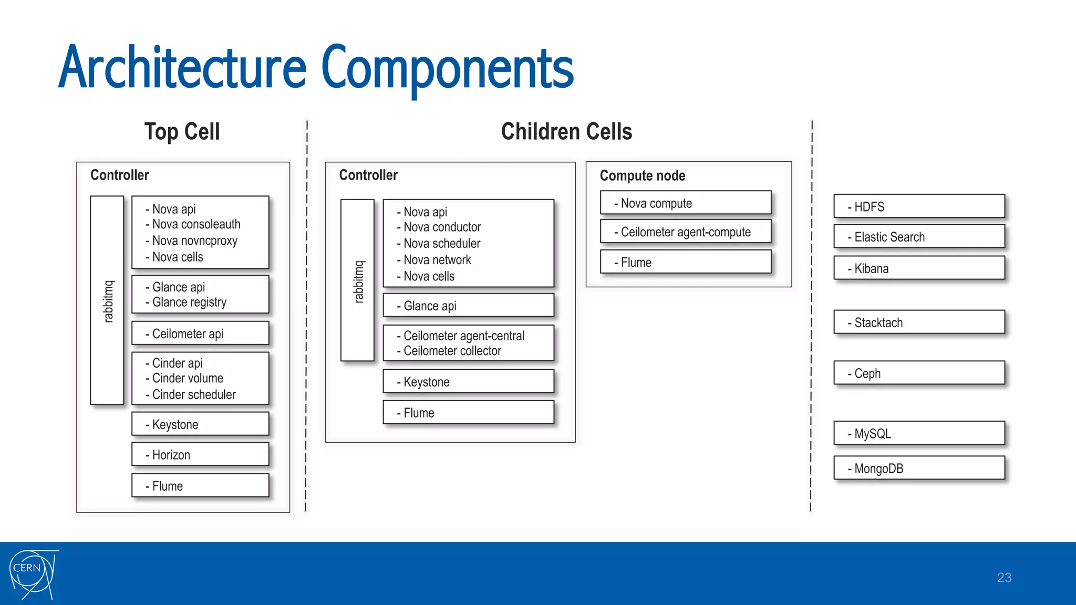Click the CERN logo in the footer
(33, 574)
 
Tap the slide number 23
(1004, 578)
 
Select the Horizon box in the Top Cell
(200, 454)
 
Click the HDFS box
(919, 206)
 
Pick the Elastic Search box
(919, 237)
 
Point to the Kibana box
(919, 268)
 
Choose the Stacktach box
(919, 322)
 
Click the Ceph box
(919, 373)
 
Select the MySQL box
(919, 434)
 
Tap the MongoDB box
(919, 468)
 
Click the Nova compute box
(686, 203)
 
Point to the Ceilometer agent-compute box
(686, 232)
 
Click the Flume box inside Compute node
(686, 262)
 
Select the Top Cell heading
(182, 131)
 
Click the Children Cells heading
(566, 131)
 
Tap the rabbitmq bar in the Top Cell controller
(107, 300)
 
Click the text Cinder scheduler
(193, 394)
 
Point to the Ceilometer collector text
(452, 351)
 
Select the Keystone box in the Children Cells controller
(468, 382)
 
